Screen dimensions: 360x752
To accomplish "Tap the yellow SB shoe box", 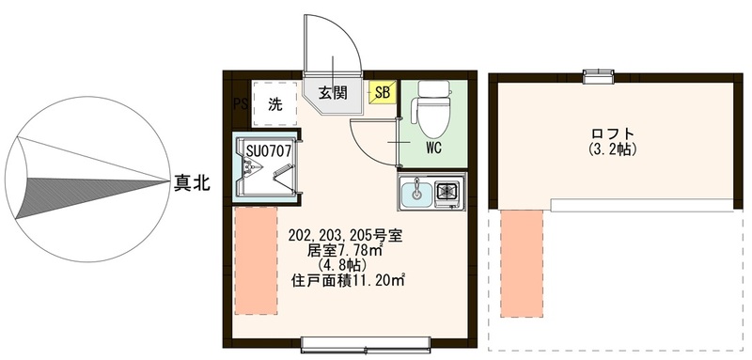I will coord(383,92).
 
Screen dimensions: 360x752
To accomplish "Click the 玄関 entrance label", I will coord(332,92).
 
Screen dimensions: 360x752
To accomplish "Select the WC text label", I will coord(433,149).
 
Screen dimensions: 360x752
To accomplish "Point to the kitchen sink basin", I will coord(415,195).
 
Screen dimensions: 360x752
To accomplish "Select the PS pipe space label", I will coord(239,102).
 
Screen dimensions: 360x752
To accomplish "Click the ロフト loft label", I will coord(613,133).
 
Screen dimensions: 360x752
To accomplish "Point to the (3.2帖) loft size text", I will coord(613,149).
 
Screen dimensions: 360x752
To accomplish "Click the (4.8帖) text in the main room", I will coord(335,265).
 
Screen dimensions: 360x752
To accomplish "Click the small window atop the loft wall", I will coord(595,75).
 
